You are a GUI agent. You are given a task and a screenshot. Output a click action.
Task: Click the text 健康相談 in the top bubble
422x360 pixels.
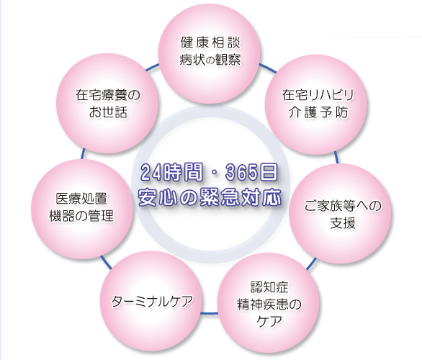(x=210, y=42)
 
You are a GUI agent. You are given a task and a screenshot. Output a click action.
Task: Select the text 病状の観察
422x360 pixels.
(x=210, y=60)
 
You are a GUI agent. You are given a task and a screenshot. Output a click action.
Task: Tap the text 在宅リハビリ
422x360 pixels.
(x=318, y=95)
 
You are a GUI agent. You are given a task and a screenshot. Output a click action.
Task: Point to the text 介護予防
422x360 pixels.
(x=318, y=112)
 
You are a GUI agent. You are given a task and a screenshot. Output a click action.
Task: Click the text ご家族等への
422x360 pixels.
(x=343, y=206)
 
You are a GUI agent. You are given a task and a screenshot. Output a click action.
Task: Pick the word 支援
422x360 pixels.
(x=343, y=223)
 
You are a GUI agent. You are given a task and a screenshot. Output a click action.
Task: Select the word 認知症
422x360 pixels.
(x=269, y=287)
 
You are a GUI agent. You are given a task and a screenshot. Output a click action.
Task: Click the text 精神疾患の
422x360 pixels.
(x=269, y=305)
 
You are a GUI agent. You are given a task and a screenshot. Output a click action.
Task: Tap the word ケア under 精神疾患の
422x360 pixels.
(x=269, y=321)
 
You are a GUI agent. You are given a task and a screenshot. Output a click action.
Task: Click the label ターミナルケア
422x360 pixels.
(x=152, y=302)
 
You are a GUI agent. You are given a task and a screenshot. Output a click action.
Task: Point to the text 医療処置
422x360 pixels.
(x=81, y=199)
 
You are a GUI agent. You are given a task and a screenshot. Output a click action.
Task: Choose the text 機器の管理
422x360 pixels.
(x=81, y=216)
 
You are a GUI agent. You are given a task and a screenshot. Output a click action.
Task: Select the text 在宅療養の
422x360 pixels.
(x=108, y=95)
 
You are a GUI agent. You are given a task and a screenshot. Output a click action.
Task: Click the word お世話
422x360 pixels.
(x=108, y=112)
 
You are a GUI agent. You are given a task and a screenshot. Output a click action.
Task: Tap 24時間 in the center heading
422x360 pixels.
(x=171, y=172)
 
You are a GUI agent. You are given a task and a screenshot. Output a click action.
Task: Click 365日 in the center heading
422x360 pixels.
(x=251, y=172)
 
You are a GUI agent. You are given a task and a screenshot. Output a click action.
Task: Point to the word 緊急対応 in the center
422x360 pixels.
(x=241, y=198)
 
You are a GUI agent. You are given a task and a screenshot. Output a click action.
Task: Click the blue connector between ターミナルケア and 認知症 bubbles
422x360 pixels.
(x=209, y=313)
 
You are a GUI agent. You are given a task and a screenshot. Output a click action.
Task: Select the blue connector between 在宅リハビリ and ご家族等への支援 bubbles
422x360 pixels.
(x=336, y=158)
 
